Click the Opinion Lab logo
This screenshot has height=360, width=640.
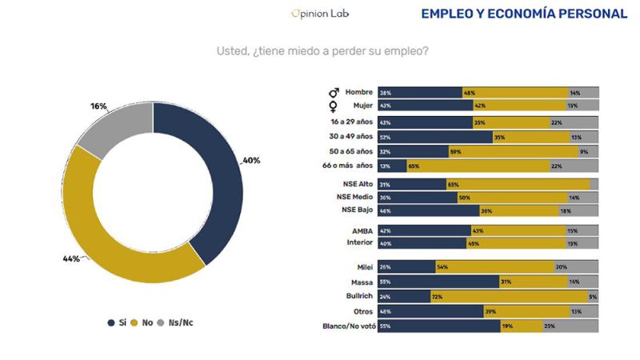tap(321, 14)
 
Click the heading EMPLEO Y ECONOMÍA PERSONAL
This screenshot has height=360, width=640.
tap(524, 14)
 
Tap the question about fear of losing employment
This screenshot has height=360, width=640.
tap(322, 50)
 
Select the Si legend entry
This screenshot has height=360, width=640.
tap(117, 322)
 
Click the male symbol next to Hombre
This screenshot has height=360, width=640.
tap(334, 93)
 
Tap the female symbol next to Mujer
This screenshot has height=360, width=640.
tap(334, 106)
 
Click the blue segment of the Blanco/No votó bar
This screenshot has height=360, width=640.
tap(439, 326)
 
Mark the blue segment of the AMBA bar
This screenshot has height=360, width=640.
tap(425, 230)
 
